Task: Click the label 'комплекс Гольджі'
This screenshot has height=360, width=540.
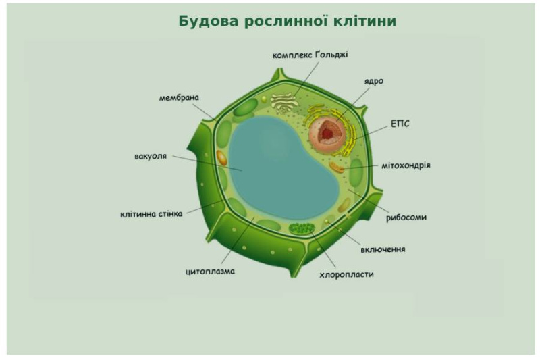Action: pos(310,55)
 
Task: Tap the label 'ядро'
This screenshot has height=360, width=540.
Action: pos(374,82)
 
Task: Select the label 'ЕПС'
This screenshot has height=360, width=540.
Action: pos(400,124)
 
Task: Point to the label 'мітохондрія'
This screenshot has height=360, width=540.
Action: pos(406,165)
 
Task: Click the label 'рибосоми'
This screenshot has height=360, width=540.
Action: pos(406,217)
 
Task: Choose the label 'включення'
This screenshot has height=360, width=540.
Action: pos(383,249)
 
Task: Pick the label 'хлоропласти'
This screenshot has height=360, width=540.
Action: pos(346,275)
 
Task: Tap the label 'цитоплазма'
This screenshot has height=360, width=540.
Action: pos(210,271)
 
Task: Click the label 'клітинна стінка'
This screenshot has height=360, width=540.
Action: pos(151,214)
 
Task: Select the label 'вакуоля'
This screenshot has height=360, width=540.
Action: pos(151,157)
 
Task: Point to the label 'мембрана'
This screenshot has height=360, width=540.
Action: pos(179,97)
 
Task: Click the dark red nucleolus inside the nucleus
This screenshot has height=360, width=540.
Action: pos(327,132)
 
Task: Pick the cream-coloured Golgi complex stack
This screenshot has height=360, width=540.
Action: pos(283,102)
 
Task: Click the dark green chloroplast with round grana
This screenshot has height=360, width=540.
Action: pos(302,228)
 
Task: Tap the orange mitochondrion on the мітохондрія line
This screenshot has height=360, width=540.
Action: pos(336,168)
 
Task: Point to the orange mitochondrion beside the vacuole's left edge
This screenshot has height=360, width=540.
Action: pos(222,158)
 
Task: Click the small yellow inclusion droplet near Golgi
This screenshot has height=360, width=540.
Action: pos(264,99)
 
